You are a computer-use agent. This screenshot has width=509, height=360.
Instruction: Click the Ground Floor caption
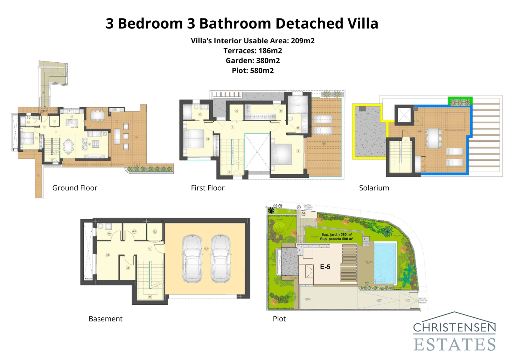[x=75, y=188]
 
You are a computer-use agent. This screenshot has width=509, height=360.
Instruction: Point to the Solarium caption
[x=374, y=188]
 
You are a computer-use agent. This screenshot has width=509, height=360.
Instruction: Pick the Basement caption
[x=105, y=319]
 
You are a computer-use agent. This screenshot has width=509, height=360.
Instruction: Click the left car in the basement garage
[x=192, y=258]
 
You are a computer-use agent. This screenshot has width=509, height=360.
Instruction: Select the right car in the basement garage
[x=221, y=258]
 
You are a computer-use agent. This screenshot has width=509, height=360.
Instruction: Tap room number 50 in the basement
[x=155, y=232]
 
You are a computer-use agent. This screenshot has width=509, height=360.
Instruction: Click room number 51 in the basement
[x=128, y=268]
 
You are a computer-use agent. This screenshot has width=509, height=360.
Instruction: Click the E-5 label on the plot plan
[x=325, y=267]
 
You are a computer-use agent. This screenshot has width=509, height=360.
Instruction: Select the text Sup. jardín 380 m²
[x=336, y=235]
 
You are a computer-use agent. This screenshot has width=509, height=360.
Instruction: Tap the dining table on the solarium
[x=434, y=138]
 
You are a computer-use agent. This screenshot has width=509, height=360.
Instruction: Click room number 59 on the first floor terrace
[x=324, y=144]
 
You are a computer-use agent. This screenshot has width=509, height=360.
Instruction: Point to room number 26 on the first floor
[x=236, y=111]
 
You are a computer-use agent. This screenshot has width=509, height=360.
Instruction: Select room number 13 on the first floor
[x=200, y=114]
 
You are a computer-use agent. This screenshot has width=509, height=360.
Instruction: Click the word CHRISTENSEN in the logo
[x=454, y=328]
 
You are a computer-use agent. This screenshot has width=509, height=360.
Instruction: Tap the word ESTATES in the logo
[x=454, y=344]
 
